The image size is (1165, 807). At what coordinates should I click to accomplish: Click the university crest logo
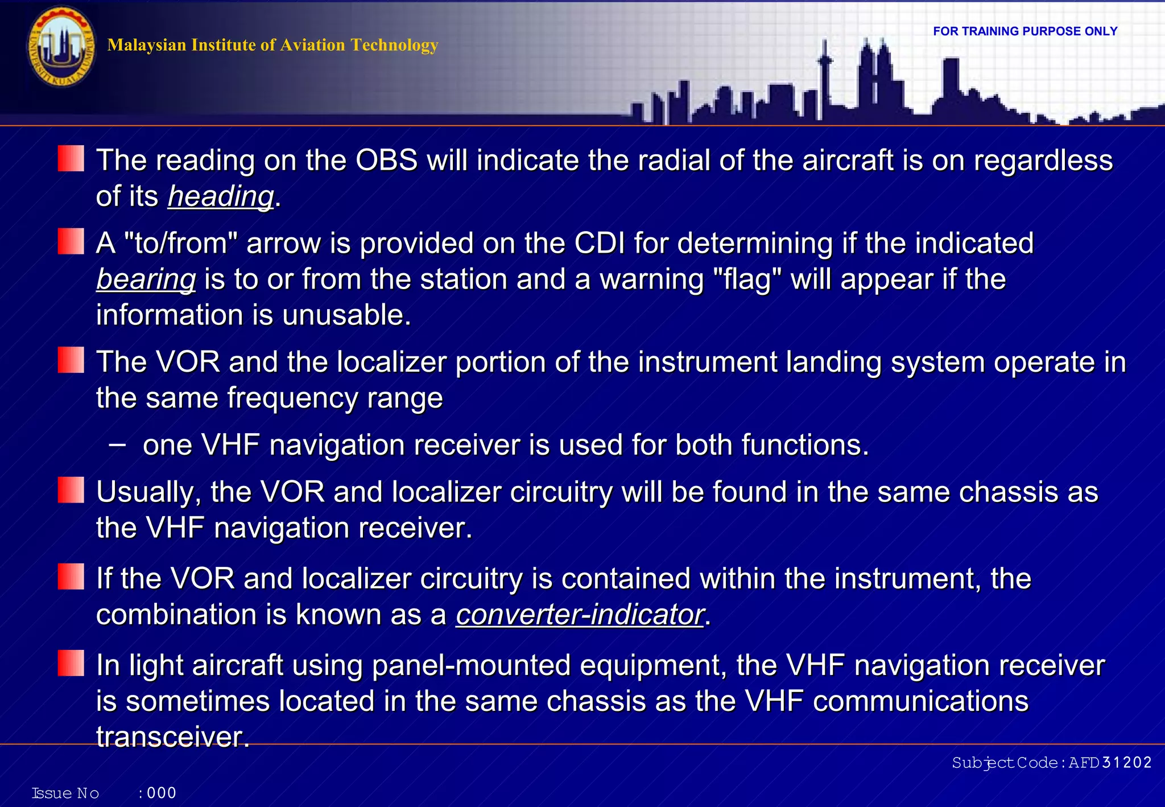[x=61, y=47]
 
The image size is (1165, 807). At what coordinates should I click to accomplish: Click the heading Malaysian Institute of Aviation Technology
[x=272, y=45]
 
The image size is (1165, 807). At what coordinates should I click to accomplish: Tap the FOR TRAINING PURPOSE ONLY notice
[x=1025, y=31]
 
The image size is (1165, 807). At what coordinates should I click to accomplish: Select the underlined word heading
[x=221, y=196]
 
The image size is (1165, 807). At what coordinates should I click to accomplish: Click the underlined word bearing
[x=146, y=279]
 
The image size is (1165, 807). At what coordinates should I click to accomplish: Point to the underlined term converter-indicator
[x=580, y=615]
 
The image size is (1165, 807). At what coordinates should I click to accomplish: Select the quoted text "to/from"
[x=180, y=244]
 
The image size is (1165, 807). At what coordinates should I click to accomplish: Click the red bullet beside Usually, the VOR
[x=71, y=490]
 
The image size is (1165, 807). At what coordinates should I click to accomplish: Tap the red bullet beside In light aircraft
[x=71, y=663]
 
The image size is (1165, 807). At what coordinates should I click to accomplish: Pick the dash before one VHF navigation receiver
[x=117, y=444]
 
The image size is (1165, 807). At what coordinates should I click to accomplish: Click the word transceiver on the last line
[x=172, y=737]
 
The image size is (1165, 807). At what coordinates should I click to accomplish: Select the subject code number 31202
[x=1126, y=763]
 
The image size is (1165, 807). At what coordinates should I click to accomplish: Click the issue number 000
[x=162, y=793]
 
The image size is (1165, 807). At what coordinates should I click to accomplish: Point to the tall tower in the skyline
[x=824, y=80]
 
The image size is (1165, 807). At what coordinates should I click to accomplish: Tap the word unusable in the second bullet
[x=346, y=315]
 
